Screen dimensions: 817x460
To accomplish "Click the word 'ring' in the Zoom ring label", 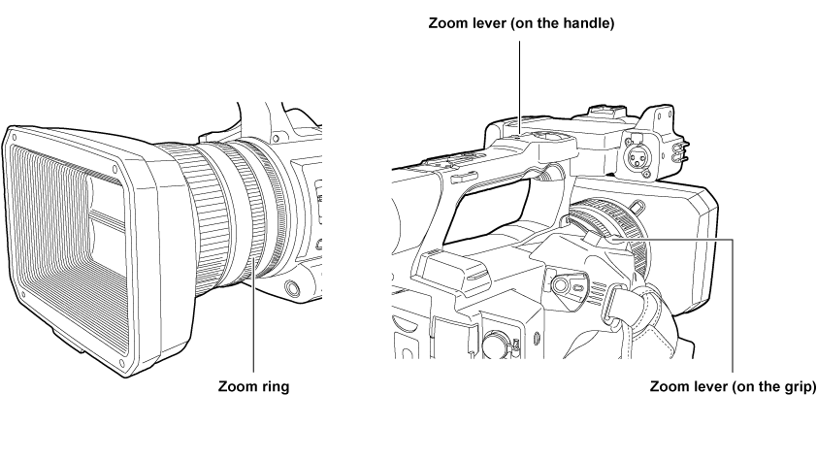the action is coord(276,387).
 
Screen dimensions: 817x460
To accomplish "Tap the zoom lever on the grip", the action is coord(600,238).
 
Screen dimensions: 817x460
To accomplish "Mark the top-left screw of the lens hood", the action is coord(15,138).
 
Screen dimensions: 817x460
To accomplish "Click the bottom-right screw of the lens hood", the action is coord(122,363).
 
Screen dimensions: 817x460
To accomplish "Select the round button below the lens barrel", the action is coord(292,287).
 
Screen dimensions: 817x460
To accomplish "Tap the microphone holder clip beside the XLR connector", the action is coord(681,150).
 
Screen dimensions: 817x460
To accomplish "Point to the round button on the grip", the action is coord(561,285).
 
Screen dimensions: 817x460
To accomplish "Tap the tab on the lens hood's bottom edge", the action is coord(69,341).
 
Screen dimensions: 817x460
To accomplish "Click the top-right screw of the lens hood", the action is coord(115,168).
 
